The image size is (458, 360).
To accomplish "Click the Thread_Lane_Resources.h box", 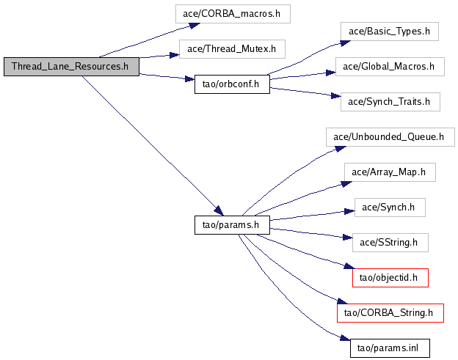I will coord(70,67).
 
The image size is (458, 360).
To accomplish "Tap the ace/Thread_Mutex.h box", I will coord(231,49).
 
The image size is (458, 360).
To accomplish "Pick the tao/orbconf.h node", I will coord(231,84).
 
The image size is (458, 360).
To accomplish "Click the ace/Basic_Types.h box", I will coord(389,32).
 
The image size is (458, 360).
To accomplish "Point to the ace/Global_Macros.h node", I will coord(390,67).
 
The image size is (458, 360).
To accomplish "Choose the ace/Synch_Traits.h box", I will coord(390,102).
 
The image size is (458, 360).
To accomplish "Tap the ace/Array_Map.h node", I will coord(390,172).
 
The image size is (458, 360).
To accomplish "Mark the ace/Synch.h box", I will coord(389,207).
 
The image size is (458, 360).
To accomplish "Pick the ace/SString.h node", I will coord(389,242).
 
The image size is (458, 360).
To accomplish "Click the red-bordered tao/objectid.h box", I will coord(390,277).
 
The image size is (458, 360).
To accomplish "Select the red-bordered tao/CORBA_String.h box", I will coord(390,312).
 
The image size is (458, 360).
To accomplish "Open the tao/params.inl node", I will coord(390,348).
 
